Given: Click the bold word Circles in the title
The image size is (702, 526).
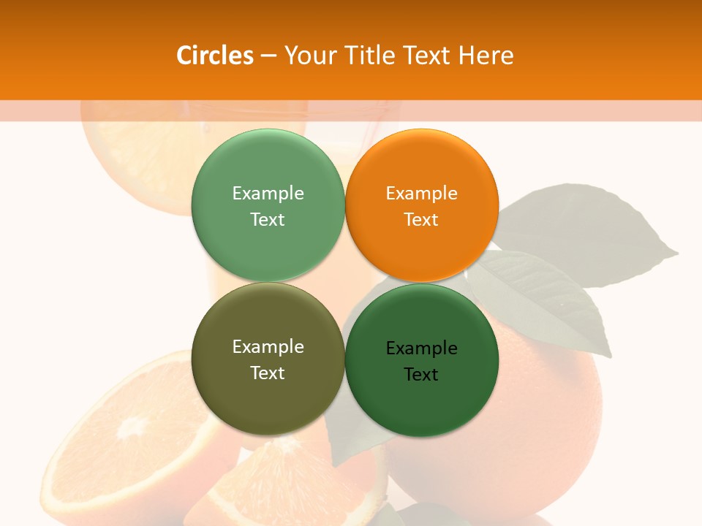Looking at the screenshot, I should pyautogui.click(x=214, y=56).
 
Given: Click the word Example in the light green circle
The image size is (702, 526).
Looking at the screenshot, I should pyautogui.click(x=268, y=193).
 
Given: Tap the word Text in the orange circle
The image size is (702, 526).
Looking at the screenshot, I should pyautogui.click(x=421, y=219).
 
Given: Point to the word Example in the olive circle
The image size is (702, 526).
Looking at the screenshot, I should pyautogui.click(x=268, y=346).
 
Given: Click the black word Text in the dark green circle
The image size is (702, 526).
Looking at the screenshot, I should pyautogui.click(x=421, y=374).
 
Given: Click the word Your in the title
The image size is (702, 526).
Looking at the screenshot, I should pyautogui.click(x=309, y=56).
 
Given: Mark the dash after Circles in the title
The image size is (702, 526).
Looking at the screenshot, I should pyautogui.click(x=268, y=56).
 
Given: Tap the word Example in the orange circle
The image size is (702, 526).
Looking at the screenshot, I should pyautogui.click(x=421, y=193).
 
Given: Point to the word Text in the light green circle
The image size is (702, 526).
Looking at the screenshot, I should pyautogui.click(x=268, y=219).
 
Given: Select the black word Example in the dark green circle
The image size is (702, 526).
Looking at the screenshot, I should pyautogui.click(x=421, y=348).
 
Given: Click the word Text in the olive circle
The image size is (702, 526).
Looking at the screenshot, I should pyautogui.click(x=268, y=373).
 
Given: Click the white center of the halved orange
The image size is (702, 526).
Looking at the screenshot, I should pyautogui.click(x=132, y=427).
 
